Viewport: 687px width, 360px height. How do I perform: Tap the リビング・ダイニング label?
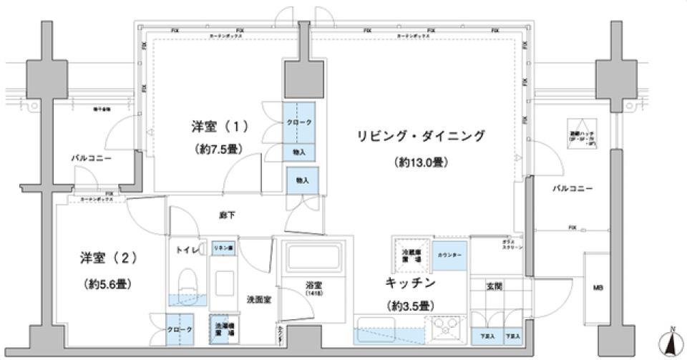coord(421,136)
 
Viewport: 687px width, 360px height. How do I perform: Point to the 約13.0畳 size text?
coord(420,162)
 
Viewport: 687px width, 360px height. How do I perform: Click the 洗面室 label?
coord(258,298)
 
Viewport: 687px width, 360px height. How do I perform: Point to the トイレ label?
coord(187,250)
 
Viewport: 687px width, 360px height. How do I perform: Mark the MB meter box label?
coord(598,288)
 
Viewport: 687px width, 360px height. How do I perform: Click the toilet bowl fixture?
coord(188,281)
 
